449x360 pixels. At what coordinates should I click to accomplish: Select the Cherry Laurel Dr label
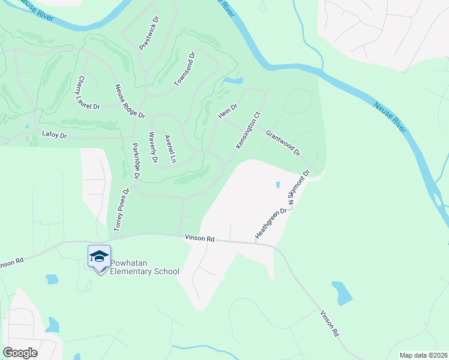click(x=88, y=92)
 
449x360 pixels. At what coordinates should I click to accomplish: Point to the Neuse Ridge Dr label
click(x=130, y=101)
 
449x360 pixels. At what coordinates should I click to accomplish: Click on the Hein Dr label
click(x=228, y=111)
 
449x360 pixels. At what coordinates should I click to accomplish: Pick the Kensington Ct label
click(x=248, y=130)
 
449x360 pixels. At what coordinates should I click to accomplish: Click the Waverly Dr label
click(x=152, y=147)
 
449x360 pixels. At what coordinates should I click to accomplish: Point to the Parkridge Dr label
click(x=136, y=161)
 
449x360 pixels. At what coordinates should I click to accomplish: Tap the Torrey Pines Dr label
click(x=122, y=210)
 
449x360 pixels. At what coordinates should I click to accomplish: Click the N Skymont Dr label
click(x=298, y=188)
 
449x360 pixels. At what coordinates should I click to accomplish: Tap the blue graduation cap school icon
click(x=99, y=257)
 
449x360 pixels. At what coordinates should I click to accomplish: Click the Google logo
click(x=20, y=353)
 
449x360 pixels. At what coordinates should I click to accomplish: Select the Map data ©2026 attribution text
click(x=423, y=355)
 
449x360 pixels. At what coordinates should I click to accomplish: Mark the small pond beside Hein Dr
click(x=232, y=80)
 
